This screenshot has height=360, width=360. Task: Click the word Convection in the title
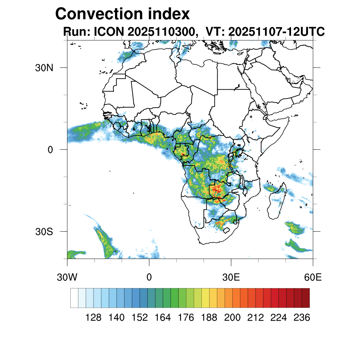coord(98,14)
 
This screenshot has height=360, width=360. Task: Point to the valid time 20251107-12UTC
coord(276,32)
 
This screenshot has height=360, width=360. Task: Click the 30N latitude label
coord(44,68)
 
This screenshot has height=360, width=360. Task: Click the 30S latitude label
coord(44,232)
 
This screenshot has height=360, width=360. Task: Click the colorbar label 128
coord(94,318)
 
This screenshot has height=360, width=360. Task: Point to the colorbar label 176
coord(186,318)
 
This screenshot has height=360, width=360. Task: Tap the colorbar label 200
coord(232,318)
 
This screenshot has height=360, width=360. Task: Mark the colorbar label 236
coord(302,318)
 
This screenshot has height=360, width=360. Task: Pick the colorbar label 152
coord(140,318)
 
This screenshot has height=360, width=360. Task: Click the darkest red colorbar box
coord(306,298)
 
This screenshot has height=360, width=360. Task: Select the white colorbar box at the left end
coord(74,298)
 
